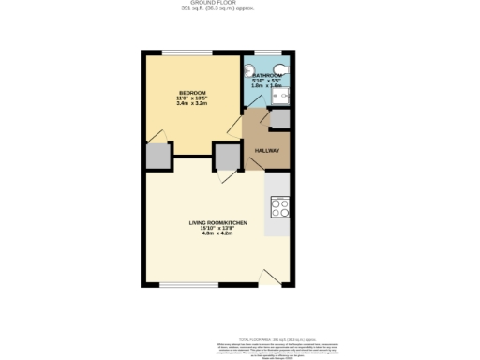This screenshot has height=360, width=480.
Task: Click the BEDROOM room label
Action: coord(192,92)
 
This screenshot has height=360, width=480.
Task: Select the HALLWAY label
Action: coord(268,151)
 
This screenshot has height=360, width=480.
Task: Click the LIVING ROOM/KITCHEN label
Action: coord(217,222)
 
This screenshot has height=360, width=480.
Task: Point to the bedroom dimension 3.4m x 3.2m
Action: coord(192,103)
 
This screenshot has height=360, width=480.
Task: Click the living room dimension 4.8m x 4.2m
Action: coord(217,232)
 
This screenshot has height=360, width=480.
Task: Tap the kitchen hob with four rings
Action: coord(278,206)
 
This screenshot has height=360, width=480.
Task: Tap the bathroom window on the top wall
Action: coord(267,53)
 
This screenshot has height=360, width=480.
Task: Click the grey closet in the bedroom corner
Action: coord(157,156)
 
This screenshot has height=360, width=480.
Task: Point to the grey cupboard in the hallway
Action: coord(279,119)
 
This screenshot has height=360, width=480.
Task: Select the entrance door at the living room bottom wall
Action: coord(271,277)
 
